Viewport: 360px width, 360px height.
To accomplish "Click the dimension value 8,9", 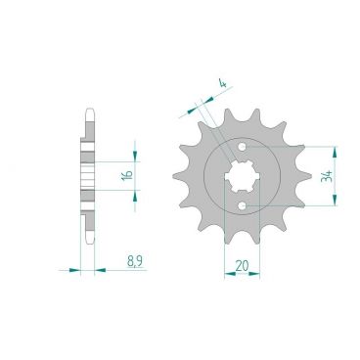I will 136,262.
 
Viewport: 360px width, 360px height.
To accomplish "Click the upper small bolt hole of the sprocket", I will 241,148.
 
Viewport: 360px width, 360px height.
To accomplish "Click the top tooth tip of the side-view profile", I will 89,111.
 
